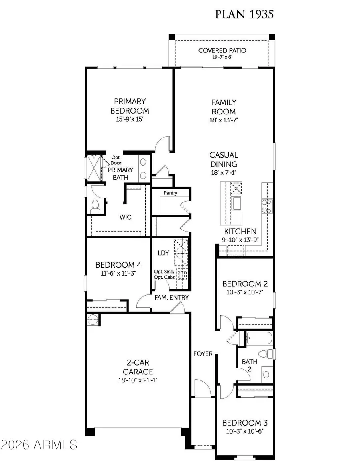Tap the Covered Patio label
(222, 50)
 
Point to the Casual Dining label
(224, 159)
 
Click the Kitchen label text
(240, 231)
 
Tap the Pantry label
(170, 193)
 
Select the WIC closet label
(126, 217)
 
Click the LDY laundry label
(163, 253)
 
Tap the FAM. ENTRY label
(171, 298)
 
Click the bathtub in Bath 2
(259, 338)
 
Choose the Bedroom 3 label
(245, 423)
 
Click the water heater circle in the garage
(92, 319)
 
